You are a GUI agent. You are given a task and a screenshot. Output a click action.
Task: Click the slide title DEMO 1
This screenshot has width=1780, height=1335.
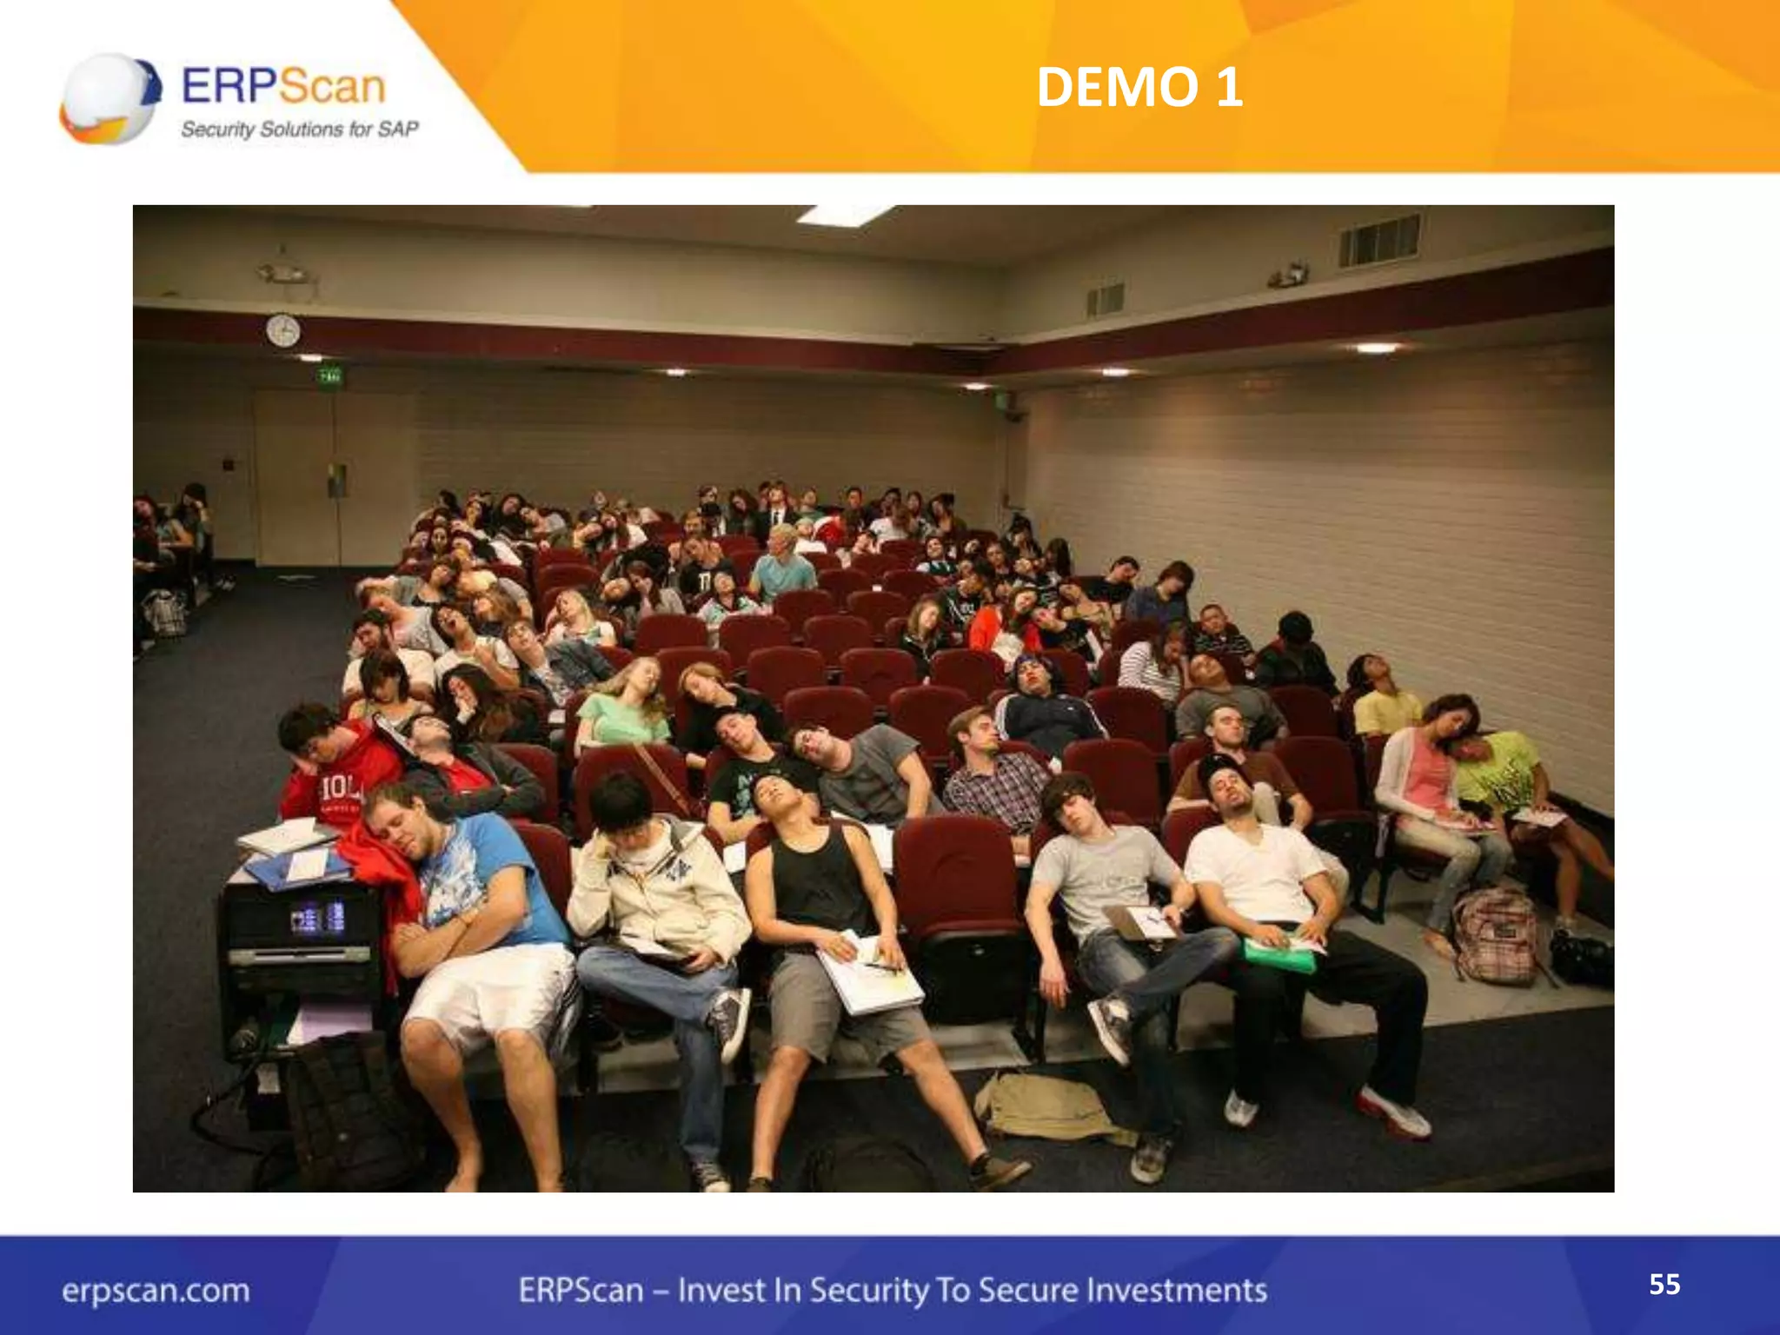click(1139, 88)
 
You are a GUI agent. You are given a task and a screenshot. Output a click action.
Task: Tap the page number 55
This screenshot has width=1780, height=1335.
click(1664, 1285)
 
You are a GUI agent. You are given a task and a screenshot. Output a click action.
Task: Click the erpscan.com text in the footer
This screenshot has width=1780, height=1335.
click(156, 1290)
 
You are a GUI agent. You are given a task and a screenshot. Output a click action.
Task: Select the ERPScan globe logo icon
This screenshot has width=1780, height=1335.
click(110, 98)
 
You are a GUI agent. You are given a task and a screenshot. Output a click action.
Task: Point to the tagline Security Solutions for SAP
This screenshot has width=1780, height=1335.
click(299, 130)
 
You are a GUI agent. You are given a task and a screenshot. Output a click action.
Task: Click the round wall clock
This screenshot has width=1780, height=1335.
click(282, 330)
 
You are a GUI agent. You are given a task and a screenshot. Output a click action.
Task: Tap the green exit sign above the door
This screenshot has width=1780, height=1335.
click(329, 376)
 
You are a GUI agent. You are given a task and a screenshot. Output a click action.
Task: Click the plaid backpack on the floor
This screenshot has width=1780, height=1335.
click(1497, 936)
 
